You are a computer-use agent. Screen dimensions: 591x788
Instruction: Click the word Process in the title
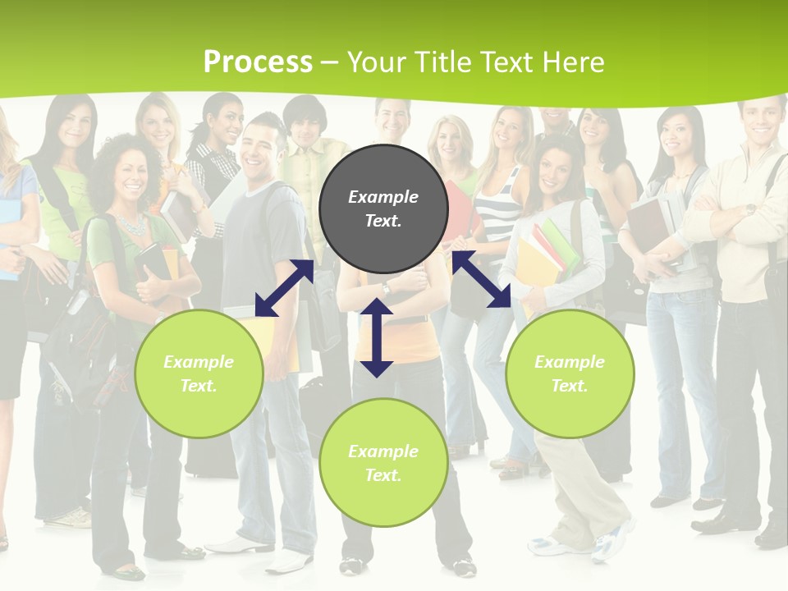click(x=258, y=62)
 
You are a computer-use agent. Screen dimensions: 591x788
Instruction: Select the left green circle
click(x=199, y=373)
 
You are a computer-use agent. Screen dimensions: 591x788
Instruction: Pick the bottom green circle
click(x=383, y=462)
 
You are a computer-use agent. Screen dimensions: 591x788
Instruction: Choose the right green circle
click(x=570, y=373)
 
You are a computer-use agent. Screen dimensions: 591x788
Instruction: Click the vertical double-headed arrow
click(x=377, y=337)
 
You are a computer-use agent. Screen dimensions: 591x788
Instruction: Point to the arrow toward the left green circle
click(x=284, y=288)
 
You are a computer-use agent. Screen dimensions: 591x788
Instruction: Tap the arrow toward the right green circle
click(x=481, y=280)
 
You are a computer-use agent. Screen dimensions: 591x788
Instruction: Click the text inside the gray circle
click(x=383, y=208)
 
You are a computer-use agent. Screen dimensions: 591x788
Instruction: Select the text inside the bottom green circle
click(x=383, y=463)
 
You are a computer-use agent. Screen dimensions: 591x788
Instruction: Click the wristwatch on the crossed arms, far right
click(x=749, y=209)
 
